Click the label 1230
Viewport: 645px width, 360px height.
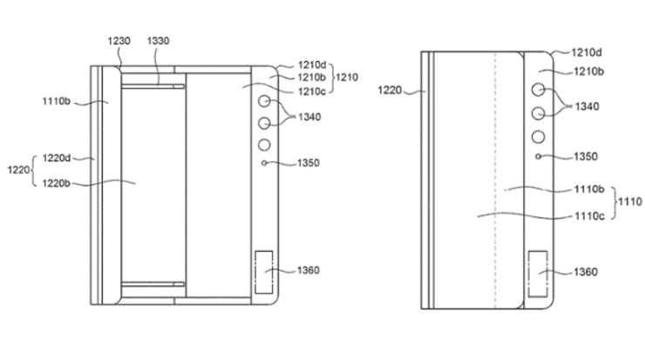tap(119, 41)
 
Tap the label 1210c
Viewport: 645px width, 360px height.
tap(311, 90)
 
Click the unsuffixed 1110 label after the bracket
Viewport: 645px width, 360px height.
tap(630, 201)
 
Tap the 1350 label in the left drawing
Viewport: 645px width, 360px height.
tap(309, 163)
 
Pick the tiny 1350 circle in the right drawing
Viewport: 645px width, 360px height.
tap(540, 156)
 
